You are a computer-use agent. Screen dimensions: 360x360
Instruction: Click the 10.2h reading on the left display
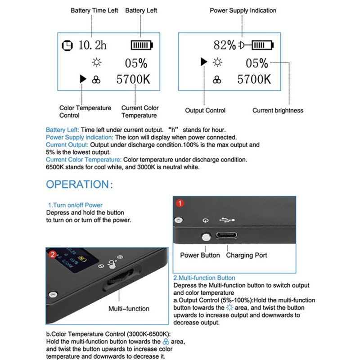point(93,45)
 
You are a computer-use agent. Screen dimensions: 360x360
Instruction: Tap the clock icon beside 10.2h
point(67,45)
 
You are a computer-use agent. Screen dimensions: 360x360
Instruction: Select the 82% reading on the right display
point(225,45)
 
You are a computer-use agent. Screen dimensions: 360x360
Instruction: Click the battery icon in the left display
point(142,45)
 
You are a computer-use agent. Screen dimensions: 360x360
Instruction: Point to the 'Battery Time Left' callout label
point(94,10)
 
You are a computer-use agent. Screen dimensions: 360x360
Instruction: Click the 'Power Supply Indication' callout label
point(243,10)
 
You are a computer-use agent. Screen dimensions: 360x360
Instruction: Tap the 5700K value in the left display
point(133,80)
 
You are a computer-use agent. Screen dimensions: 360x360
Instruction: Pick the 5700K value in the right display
point(254,80)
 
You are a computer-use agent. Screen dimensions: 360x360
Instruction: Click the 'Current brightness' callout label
point(278,110)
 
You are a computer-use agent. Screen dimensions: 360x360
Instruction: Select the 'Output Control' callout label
point(205,110)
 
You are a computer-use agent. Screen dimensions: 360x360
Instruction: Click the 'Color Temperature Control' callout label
point(85,112)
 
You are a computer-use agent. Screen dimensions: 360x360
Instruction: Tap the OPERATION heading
point(77,184)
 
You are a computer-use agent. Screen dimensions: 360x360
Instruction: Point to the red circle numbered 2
point(53,255)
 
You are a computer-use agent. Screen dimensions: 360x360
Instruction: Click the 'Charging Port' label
point(246,255)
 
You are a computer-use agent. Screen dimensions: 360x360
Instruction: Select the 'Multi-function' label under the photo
point(129,309)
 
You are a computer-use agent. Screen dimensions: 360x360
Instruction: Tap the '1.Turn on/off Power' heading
point(75,205)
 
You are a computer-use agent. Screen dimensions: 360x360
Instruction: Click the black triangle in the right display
point(204,62)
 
